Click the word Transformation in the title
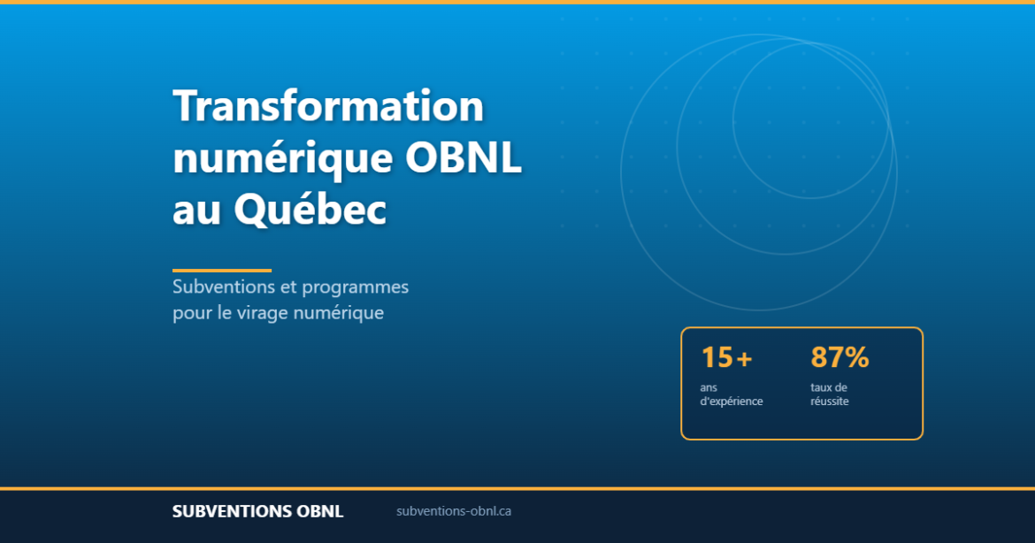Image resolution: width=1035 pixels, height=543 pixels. [328, 107]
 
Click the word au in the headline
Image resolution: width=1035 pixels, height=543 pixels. [196, 210]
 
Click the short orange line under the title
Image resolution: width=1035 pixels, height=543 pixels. [222, 270]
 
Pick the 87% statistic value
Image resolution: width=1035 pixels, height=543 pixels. [839, 358]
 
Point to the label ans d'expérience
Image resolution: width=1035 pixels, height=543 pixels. [731, 394]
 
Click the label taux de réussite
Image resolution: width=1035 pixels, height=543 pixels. [829, 394]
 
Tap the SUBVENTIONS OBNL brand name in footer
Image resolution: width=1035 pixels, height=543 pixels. [257, 512]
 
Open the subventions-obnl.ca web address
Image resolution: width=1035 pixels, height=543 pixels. [454, 511]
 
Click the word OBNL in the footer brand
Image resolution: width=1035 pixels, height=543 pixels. [318, 512]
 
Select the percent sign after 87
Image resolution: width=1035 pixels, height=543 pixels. [856, 358]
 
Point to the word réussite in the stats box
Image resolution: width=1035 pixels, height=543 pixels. [829, 402]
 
